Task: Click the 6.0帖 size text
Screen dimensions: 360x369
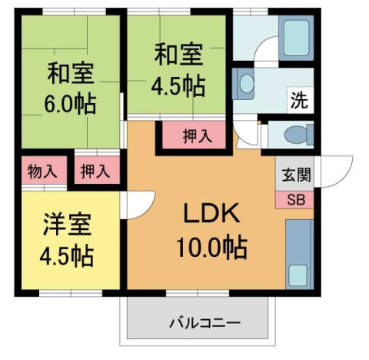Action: click(70, 103)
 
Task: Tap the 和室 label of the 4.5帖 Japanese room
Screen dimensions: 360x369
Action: click(178, 56)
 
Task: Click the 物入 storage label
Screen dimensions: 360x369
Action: click(42, 171)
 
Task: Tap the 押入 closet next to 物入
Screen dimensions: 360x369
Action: click(96, 171)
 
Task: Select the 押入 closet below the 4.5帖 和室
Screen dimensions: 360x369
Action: click(197, 138)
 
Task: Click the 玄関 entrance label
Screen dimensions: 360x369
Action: click(294, 174)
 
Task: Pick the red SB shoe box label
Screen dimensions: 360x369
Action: click(295, 198)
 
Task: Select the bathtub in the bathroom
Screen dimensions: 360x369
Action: click(294, 37)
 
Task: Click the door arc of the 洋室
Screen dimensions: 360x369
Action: click(134, 204)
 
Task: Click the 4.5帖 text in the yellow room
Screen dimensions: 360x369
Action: click(68, 256)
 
